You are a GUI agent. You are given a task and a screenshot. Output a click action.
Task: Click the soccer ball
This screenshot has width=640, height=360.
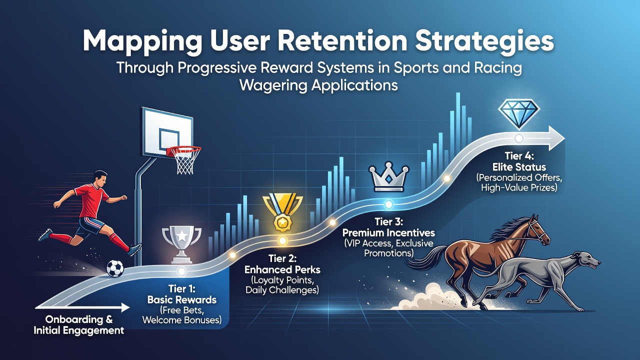click(x=115, y=268)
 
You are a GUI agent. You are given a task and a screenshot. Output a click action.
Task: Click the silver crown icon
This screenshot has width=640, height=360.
click(x=389, y=176)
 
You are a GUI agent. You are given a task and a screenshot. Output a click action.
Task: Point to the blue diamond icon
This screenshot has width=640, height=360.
click(x=519, y=113)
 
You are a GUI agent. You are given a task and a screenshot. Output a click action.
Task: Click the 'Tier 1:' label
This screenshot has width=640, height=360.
click(x=181, y=288)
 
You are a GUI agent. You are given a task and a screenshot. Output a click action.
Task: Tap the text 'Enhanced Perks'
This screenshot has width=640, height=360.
click(x=282, y=269)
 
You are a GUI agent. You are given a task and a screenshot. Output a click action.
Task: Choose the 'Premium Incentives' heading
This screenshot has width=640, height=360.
click(x=388, y=232)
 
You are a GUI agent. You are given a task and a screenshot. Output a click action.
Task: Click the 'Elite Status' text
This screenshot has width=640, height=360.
click(x=519, y=167)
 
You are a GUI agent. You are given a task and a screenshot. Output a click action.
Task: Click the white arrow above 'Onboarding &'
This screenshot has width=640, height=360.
click(x=82, y=307)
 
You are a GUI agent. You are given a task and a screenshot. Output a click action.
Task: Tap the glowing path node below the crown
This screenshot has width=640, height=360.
click(x=388, y=204)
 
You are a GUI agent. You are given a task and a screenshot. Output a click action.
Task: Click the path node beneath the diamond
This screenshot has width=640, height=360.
click(x=518, y=138)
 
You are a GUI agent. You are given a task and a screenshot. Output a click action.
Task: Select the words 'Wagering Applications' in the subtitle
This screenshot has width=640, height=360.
click(x=318, y=85)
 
